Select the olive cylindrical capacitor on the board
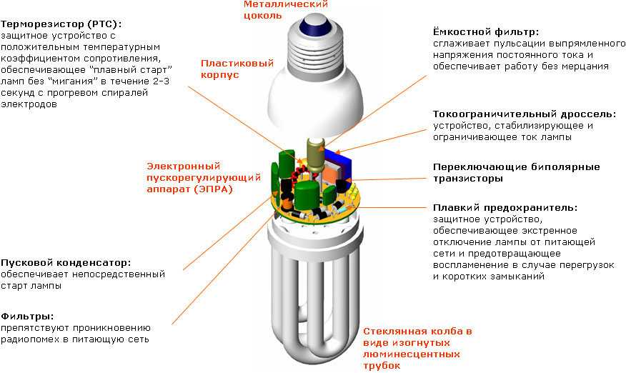click(x=315, y=157)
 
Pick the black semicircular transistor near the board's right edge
click(x=342, y=186)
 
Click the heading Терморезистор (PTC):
click(x=61, y=24)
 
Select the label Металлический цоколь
click(x=285, y=9)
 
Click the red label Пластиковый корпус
click(x=237, y=69)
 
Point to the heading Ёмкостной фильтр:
click(x=486, y=31)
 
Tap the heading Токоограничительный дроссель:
click(x=525, y=114)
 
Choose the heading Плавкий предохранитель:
click(x=505, y=208)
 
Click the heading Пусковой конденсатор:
click(x=66, y=263)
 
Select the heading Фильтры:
click(x=27, y=317)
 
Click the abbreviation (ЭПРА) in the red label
click(x=214, y=189)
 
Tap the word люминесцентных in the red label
click(x=411, y=354)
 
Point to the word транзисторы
click(x=468, y=179)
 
